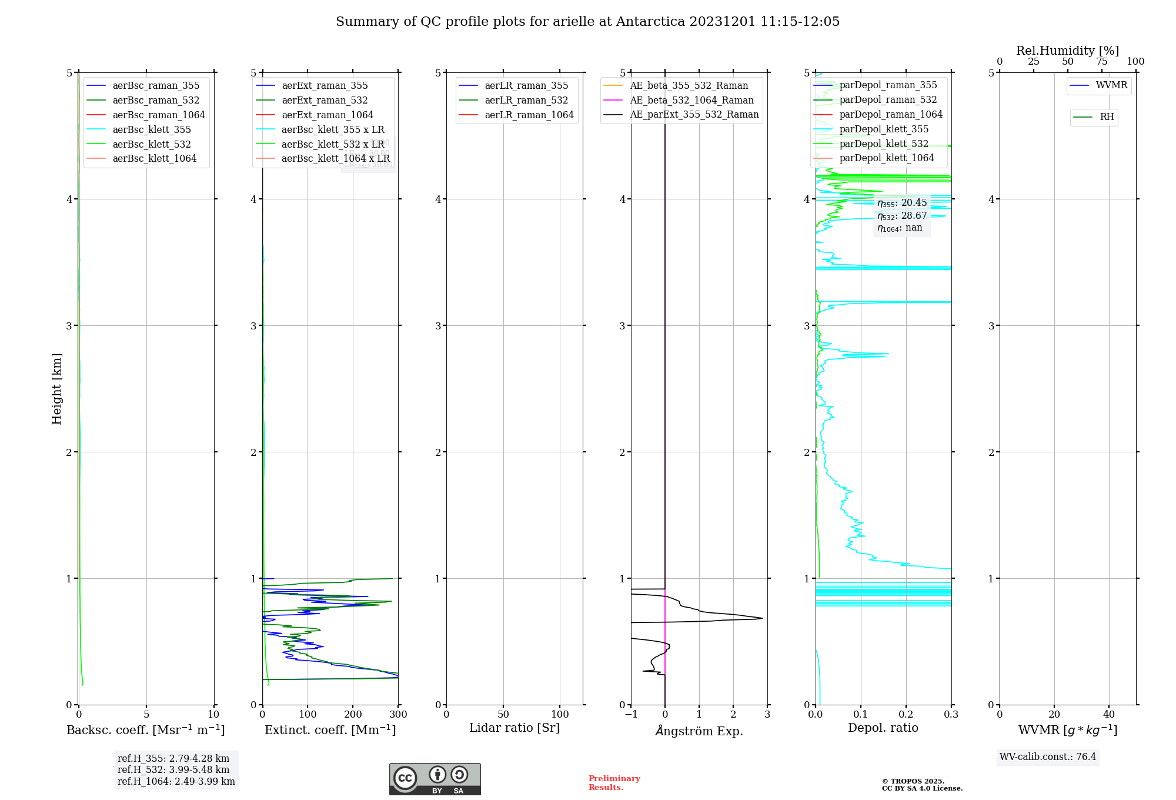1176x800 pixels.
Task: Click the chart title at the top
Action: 587,22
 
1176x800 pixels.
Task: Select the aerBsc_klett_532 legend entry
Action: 151,144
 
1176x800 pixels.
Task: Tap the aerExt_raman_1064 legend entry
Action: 327,115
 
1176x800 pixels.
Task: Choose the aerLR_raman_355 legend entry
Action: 526,86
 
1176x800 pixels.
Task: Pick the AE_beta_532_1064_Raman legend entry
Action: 691,100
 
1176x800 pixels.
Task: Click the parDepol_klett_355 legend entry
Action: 884,129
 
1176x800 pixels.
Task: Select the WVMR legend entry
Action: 1111,85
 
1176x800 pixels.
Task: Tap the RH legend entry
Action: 1107,117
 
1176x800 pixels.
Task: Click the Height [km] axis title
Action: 56,389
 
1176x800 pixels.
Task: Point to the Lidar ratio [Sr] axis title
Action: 514,728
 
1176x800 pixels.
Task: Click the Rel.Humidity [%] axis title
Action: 1067,51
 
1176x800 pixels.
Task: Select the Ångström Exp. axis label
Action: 699,731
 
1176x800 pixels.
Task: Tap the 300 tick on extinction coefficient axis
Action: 398,715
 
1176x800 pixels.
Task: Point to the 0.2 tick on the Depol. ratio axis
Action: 906,715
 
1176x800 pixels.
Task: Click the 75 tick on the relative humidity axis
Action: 1102,62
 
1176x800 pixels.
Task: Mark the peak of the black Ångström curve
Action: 762,618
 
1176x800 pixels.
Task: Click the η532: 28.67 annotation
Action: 901,216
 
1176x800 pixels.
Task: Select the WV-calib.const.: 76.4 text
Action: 1048,756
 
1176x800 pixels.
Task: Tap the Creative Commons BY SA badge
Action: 435,779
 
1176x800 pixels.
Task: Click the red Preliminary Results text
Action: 614,783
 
